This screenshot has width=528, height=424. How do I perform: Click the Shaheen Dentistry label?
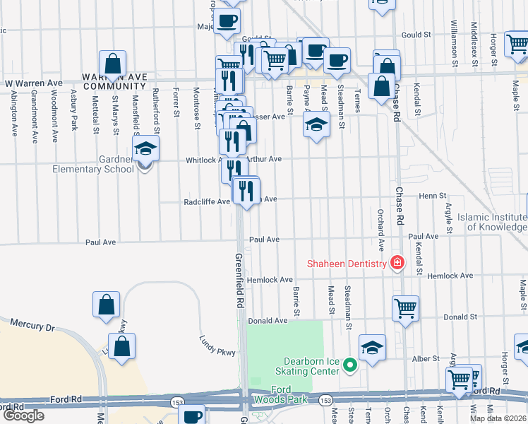click(x=346, y=264)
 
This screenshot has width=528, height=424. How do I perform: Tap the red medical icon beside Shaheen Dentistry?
click(x=397, y=264)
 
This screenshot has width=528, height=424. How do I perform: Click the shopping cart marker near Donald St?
click(x=405, y=308)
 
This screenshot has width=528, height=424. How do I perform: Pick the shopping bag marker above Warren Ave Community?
click(x=112, y=64)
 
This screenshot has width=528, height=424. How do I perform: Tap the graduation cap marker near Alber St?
click(x=372, y=348)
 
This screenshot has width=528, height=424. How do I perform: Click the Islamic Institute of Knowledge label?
click(x=492, y=222)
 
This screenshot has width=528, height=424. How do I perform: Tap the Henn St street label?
click(x=433, y=196)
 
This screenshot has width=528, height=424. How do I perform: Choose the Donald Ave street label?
click(x=267, y=320)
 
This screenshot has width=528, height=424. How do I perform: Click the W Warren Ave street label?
click(x=33, y=83)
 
